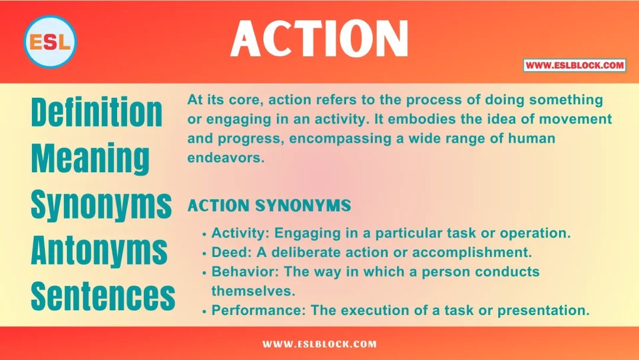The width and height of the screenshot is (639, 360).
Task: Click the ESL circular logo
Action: (x=50, y=41)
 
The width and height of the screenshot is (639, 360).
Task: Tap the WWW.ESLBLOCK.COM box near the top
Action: (x=574, y=65)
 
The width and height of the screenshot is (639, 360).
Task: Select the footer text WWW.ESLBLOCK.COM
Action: (x=319, y=344)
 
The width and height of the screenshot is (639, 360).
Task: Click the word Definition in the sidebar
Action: (x=96, y=112)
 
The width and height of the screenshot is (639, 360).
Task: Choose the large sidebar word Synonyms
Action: (x=101, y=205)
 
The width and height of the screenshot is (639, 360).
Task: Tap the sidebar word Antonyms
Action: (x=99, y=251)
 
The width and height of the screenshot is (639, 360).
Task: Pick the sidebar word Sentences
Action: (x=103, y=296)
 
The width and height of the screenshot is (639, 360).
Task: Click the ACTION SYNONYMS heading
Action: (x=269, y=206)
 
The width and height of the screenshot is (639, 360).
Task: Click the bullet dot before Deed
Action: (x=205, y=253)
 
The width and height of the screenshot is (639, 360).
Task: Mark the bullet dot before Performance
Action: (x=205, y=310)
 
